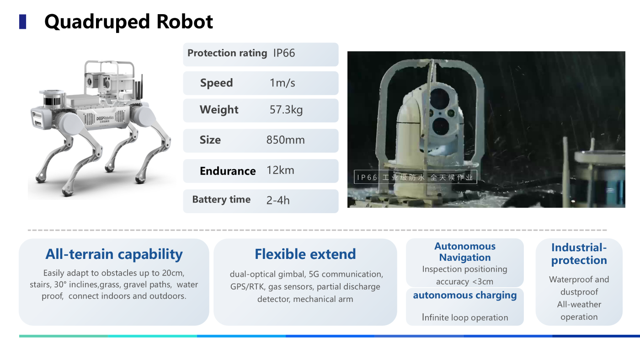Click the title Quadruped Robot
(x=128, y=22)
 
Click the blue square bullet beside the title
(x=22, y=22)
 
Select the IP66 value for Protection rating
(x=284, y=53)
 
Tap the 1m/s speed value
(x=283, y=83)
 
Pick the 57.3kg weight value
(x=286, y=110)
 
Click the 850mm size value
(x=285, y=140)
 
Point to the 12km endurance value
(x=280, y=171)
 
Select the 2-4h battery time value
(x=278, y=200)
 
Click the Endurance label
(x=228, y=171)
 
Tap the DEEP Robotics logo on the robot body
(x=105, y=118)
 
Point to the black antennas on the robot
(x=139, y=87)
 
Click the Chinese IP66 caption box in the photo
(x=415, y=177)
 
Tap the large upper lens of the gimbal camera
(x=439, y=98)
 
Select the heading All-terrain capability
(x=114, y=254)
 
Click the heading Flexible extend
(x=305, y=254)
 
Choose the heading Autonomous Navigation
(x=465, y=252)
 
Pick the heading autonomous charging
(x=465, y=296)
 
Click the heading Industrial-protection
(x=579, y=254)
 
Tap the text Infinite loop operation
(x=465, y=317)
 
